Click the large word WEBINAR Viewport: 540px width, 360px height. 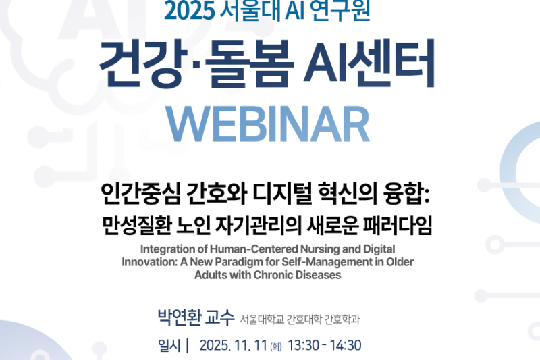[269, 124]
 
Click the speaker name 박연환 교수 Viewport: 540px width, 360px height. [195, 317]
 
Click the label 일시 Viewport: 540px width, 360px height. [169, 346]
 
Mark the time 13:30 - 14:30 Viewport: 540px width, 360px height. [325, 346]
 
